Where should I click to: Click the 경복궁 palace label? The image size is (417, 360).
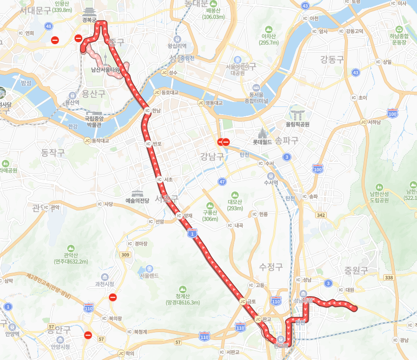pyautogui.click(x=89, y=20)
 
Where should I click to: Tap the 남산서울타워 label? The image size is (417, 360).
pyautogui.click(x=105, y=70)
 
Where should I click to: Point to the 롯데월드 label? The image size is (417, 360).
pyautogui.click(x=263, y=142)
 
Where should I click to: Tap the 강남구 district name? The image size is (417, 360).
pyautogui.click(x=212, y=156)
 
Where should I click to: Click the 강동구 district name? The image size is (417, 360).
pyautogui.click(x=332, y=60)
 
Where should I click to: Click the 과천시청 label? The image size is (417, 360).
pyautogui.click(x=104, y=284)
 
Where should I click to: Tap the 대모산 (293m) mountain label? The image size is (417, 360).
pyautogui.click(x=235, y=205)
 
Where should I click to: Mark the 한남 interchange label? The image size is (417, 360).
pyautogui.click(x=156, y=111)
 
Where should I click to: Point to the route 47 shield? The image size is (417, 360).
pyautogui.click(x=222, y=181)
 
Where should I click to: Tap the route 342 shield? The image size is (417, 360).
pyautogui.click(x=321, y=215)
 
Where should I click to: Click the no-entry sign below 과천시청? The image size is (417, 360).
pyautogui.click(x=113, y=297)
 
